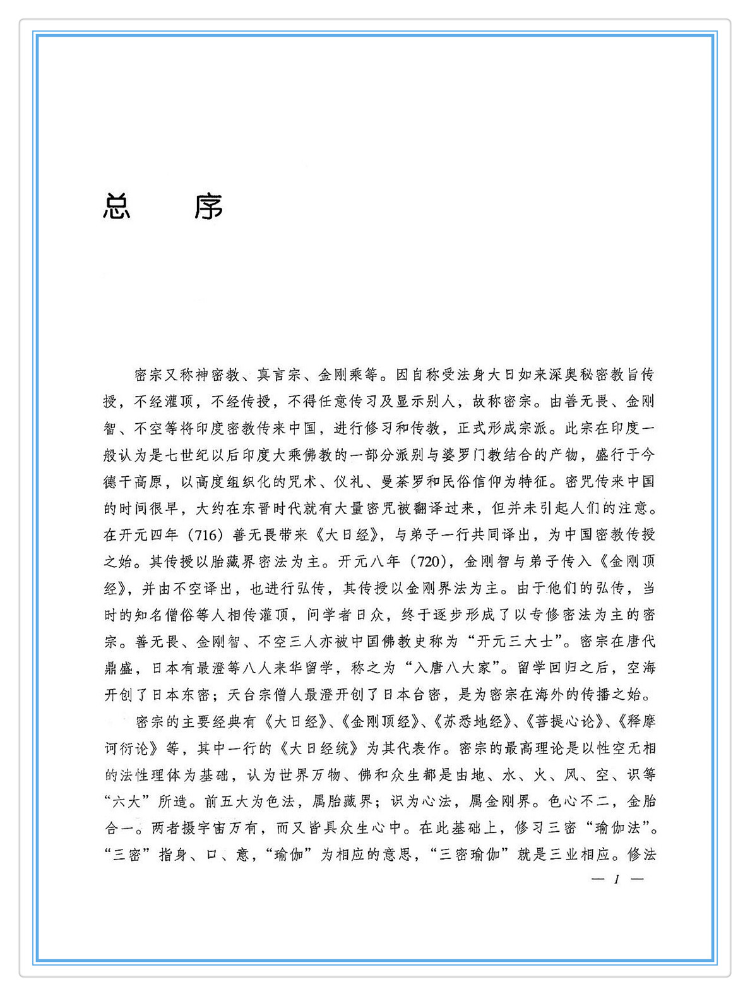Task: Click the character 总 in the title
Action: point(117,207)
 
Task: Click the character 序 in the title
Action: point(208,207)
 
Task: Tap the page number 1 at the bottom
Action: point(617,879)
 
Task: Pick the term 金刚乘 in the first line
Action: point(341,375)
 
